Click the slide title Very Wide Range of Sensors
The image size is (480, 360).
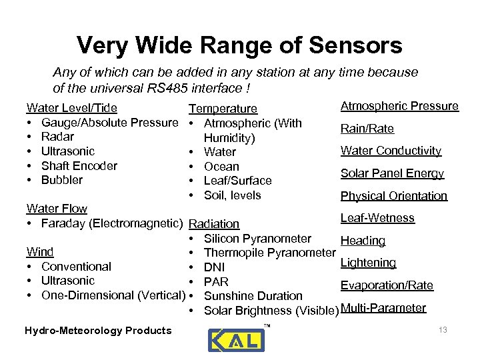point(239,45)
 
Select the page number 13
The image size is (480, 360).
point(443,330)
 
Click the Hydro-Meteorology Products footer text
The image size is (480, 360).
point(98,330)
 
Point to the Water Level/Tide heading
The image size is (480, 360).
point(71,108)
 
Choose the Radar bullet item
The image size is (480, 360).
point(57,137)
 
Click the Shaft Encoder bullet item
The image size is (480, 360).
point(79,165)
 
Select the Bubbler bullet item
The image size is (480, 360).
point(62,180)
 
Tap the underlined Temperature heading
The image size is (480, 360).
point(223,109)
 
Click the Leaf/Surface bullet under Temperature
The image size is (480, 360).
point(237,181)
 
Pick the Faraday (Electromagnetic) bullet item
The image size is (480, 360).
point(112,223)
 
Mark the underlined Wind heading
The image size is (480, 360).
point(40,252)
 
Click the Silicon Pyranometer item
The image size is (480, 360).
point(257,239)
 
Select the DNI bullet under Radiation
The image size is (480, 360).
point(215,267)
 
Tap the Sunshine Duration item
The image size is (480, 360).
point(253,296)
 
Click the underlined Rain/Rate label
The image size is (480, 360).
point(367,129)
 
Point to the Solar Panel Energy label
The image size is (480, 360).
point(392,173)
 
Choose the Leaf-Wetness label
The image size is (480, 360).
point(377,218)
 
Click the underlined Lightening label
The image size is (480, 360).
point(368,263)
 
